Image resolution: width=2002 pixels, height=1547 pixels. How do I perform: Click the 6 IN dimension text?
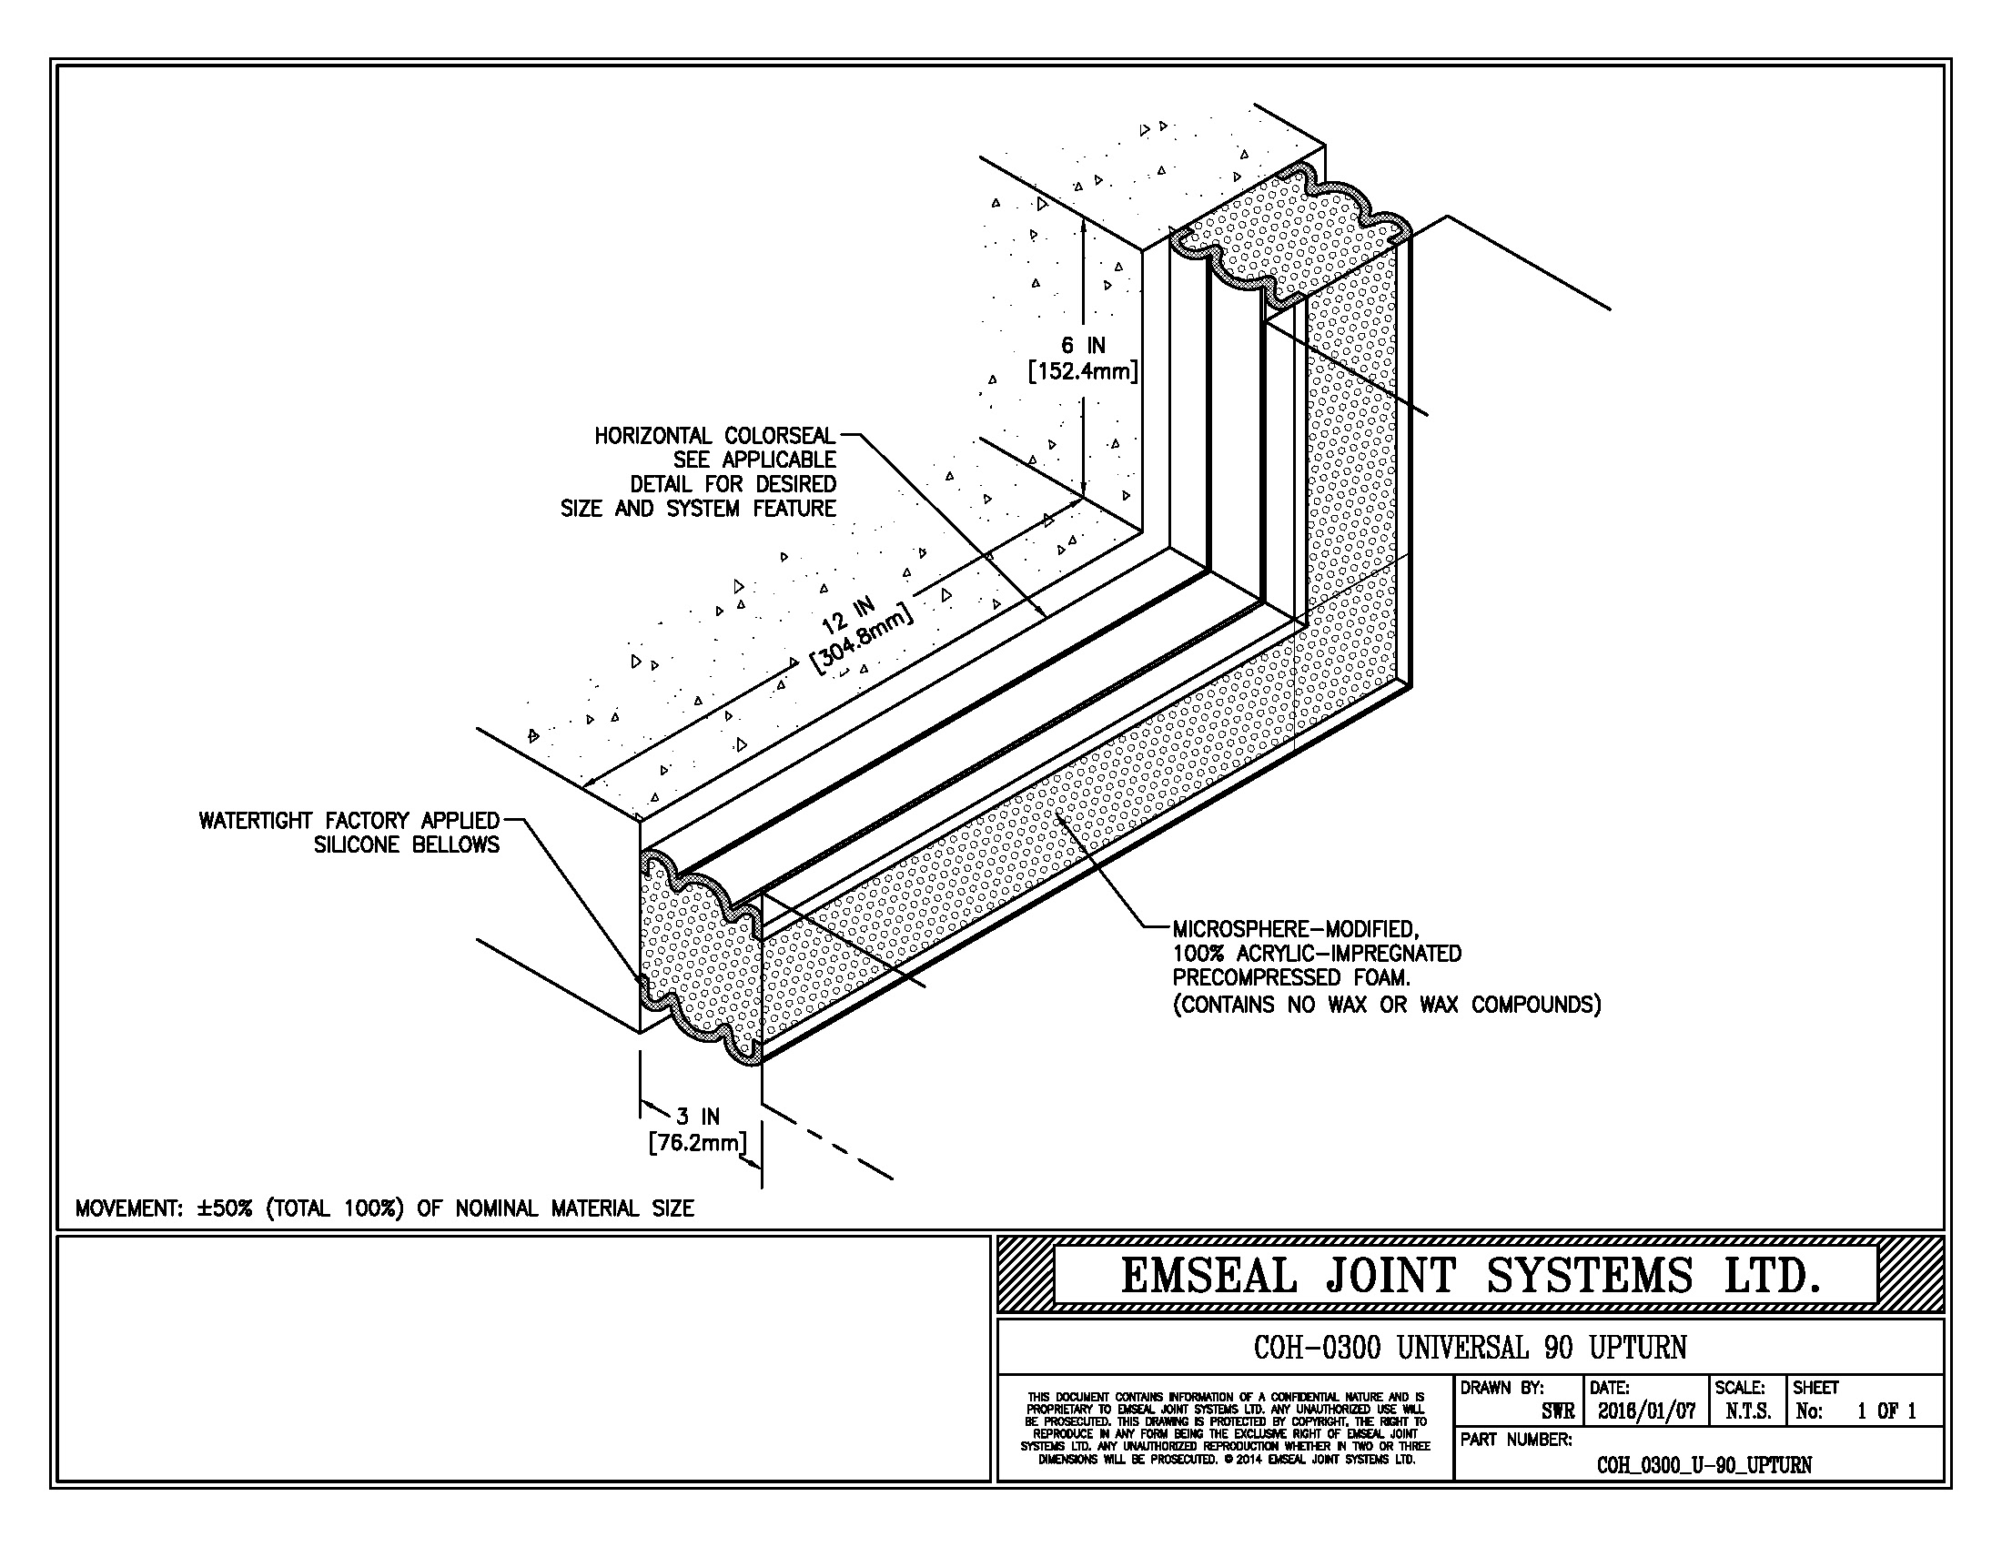coord(1083,346)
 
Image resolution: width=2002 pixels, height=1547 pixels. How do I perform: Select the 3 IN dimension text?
coord(698,1117)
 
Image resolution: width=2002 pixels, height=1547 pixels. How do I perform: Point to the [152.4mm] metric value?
coord(1083,372)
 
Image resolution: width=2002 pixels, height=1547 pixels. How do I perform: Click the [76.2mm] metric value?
coord(698,1143)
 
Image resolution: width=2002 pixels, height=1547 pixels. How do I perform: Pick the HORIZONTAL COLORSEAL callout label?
coord(715,435)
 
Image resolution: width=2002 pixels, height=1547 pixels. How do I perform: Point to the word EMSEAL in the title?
coord(1209,1277)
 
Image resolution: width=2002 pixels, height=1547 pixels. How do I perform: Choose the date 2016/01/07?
coord(1646,1411)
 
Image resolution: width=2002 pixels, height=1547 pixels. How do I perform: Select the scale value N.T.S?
coord(1748,1411)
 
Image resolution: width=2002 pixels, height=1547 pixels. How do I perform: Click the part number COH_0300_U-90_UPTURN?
coord(1704,1464)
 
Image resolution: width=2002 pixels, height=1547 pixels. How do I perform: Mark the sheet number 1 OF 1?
coord(1886,1411)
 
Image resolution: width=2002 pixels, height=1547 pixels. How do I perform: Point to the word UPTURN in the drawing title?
coord(1637,1347)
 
